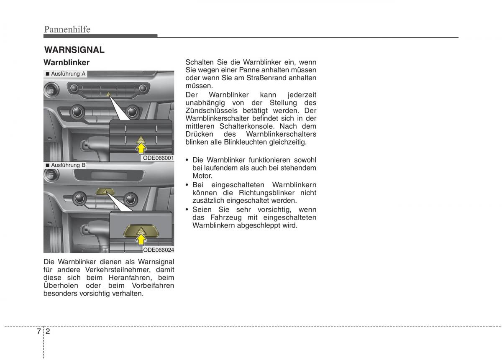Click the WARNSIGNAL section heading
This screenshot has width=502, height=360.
pyautogui.click(x=74, y=50)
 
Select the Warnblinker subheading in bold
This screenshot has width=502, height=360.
pyautogui.click(x=67, y=62)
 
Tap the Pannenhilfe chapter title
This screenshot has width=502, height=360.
pyautogui.click(x=67, y=29)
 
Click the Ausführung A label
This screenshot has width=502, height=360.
pyautogui.click(x=68, y=74)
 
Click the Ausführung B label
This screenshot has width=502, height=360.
pyautogui.click(x=68, y=165)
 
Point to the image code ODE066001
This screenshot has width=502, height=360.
pyautogui.click(x=158, y=158)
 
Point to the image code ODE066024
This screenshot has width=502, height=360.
pyautogui.click(x=158, y=250)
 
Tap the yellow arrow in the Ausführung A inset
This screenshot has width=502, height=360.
pyautogui.click(x=141, y=148)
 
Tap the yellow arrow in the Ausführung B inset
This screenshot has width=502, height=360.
pyautogui.click(x=141, y=239)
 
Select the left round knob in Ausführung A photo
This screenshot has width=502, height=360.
pyautogui.click(x=77, y=111)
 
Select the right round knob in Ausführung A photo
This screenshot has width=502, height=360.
pyautogui.click(x=132, y=111)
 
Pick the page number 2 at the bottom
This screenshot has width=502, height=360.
pyautogui.click(x=49, y=331)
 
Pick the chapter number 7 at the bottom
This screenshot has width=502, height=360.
pyautogui.click(x=38, y=331)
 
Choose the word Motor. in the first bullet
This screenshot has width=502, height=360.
pyautogui.click(x=202, y=176)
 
